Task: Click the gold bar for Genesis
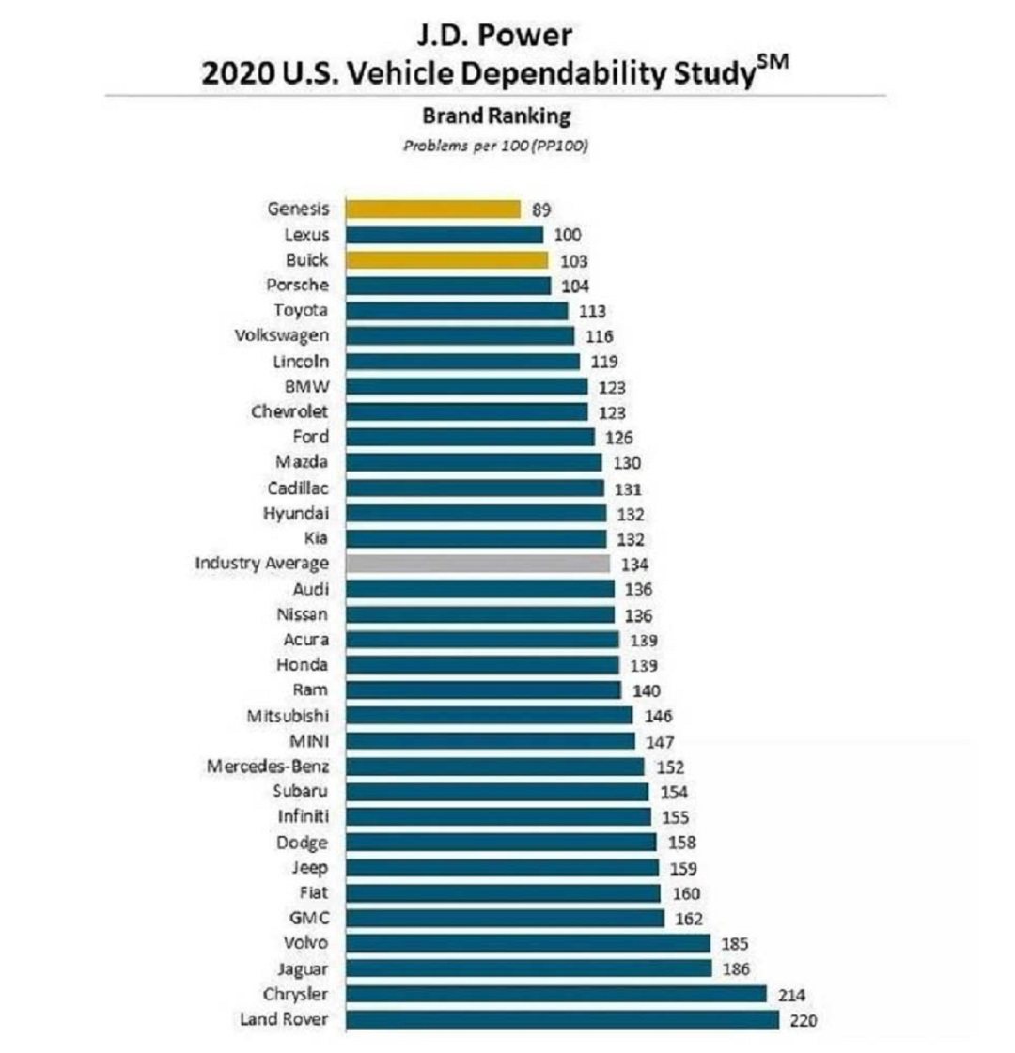(432, 209)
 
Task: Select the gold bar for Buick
(446, 259)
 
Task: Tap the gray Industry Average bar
(477, 564)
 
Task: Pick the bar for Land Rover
(562, 1019)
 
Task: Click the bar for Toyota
(457, 310)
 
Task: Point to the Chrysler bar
(555, 994)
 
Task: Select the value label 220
(804, 1020)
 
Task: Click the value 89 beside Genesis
(541, 209)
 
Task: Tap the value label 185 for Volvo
(734, 944)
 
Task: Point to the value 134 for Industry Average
(634, 565)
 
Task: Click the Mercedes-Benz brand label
(268, 767)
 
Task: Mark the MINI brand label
(309, 741)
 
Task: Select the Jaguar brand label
(303, 968)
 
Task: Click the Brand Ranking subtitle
(496, 116)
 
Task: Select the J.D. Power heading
(495, 36)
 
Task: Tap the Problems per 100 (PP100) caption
(495, 146)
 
